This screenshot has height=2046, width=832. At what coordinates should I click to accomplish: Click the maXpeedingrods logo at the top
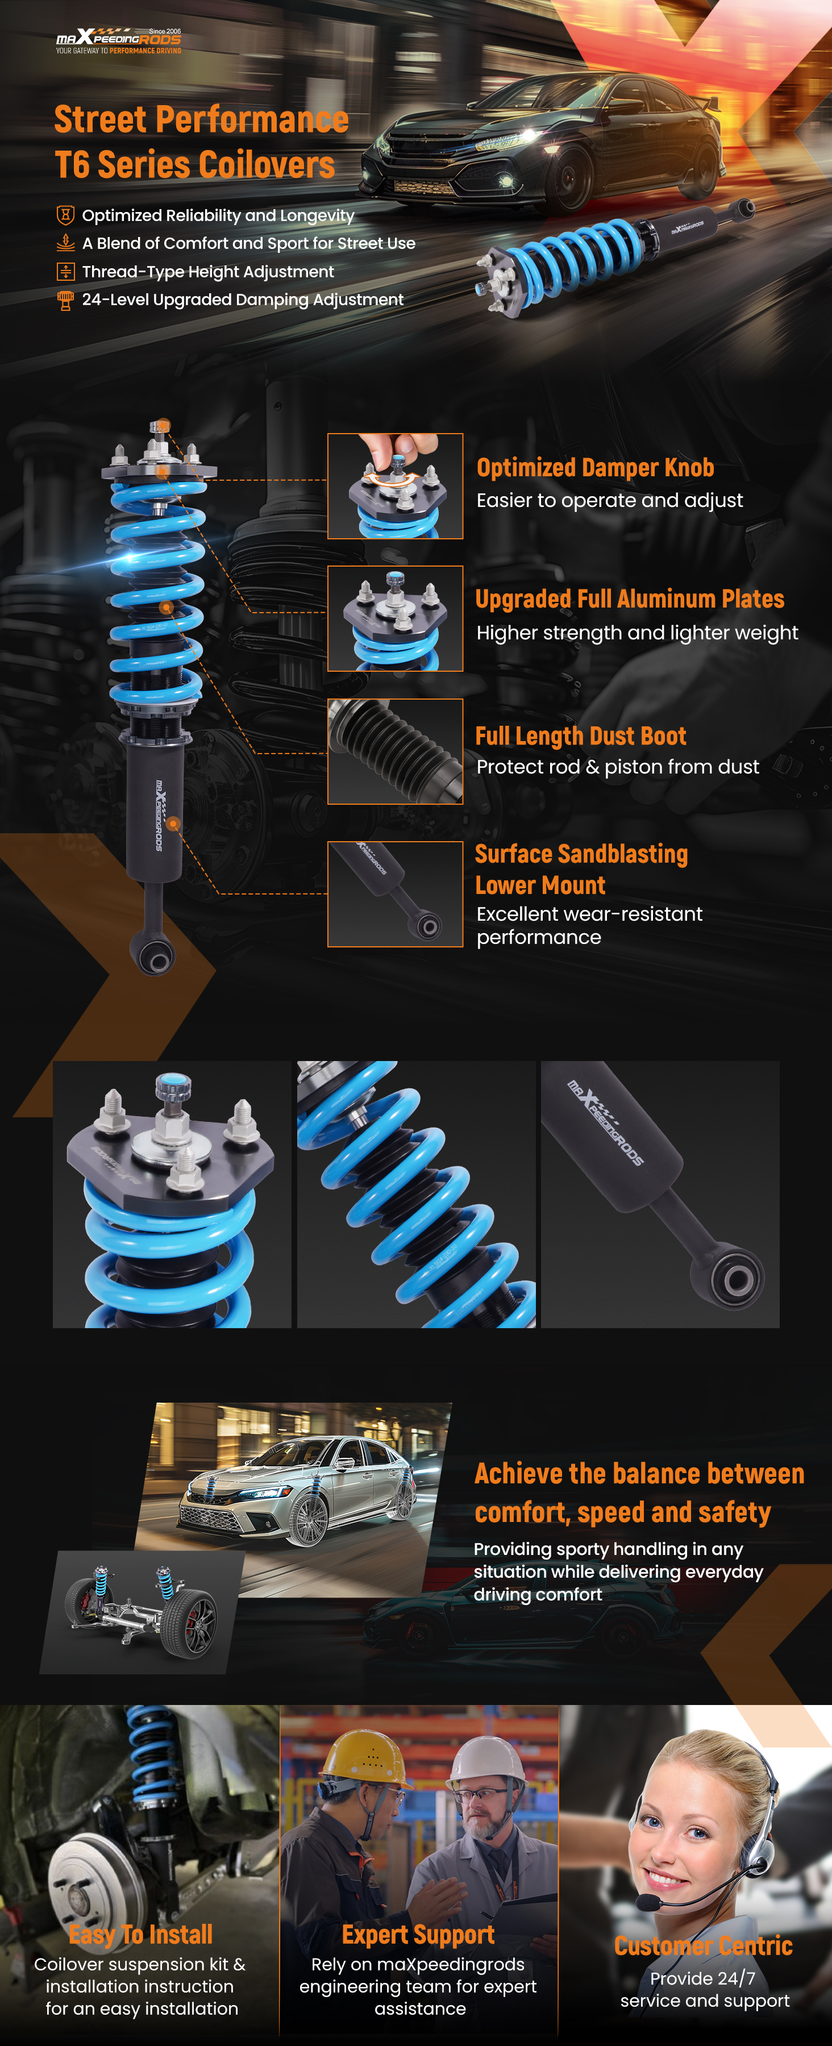[x=118, y=40]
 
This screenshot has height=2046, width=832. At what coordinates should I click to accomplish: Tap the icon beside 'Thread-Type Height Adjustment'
[x=65, y=272]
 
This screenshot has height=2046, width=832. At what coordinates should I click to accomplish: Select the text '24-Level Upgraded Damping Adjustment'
[x=243, y=300]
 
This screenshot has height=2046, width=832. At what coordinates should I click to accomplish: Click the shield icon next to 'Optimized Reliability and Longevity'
[x=65, y=215]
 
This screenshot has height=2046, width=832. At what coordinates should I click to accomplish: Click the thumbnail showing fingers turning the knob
[x=396, y=486]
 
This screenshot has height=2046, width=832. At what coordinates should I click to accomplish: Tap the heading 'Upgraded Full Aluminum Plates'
[x=630, y=599]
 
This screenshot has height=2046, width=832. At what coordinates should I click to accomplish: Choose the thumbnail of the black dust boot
[x=396, y=751]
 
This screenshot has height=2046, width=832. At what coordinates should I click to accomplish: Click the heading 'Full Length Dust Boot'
[x=580, y=736]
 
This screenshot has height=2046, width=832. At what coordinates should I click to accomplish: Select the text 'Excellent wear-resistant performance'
[x=589, y=925]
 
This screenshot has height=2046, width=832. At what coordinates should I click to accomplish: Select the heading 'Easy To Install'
[x=140, y=1935]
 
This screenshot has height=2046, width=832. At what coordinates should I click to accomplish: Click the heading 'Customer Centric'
[x=704, y=1946]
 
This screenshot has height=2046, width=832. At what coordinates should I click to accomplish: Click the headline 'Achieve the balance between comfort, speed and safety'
[x=639, y=1492]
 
